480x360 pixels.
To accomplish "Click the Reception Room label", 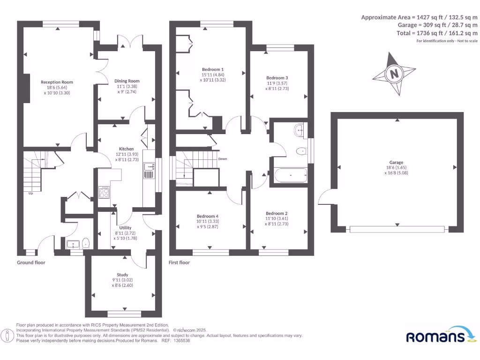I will pyautogui.click(x=57, y=82).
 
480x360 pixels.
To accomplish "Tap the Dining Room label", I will pyautogui.click(x=127, y=81).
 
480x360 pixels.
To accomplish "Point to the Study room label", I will pyautogui.click(x=122, y=275).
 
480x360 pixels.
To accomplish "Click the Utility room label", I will pyautogui.click(x=125, y=228).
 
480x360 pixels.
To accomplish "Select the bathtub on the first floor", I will pyautogui.click(x=291, y=176).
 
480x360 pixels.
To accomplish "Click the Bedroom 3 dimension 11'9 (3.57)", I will pyautogui.click(x=277, y=83).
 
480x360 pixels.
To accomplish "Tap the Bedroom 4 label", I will pyautogui.click(x=208, y=216).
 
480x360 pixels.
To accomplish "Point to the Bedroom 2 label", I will pyautogui.click(x=277, y=213).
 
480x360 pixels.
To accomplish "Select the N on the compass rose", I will pyautogui.click(x=395, y=74).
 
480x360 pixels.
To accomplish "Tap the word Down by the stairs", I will pyautogui.click(x=223, y=159).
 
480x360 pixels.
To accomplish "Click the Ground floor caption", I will pyautogui.click(x=31, y=262).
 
